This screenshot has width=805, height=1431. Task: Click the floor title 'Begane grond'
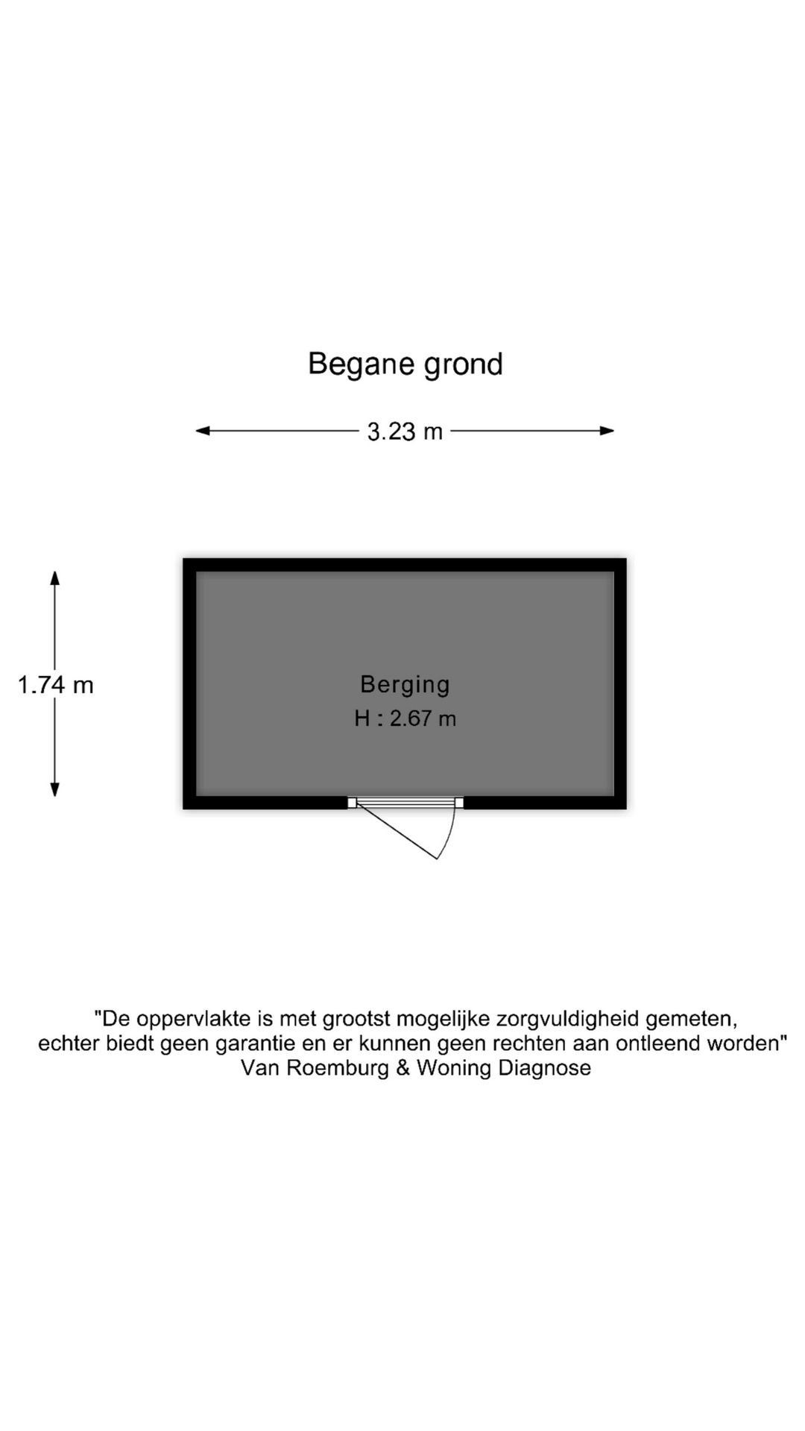tap(405, 364)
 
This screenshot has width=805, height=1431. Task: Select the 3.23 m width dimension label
tap(405, 432)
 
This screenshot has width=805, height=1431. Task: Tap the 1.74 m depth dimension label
tap(56, 685)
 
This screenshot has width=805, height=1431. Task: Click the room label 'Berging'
tap(405, 685)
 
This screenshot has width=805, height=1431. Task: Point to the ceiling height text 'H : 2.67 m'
tap(405, 718)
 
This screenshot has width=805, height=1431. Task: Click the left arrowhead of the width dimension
tap(202, 431)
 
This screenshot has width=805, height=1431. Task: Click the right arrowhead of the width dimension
tap(607, 431)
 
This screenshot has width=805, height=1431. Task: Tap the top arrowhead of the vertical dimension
tap(54, 578)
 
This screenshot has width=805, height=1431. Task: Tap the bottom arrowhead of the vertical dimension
tap(54, 789)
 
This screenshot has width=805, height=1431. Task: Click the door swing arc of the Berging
tap(449, 835)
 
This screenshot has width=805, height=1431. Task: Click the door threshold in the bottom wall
tap(405, 803)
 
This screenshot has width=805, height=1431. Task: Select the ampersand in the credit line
tap(403, 1068)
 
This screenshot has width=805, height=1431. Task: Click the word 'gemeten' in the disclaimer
tap(690, 1019)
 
